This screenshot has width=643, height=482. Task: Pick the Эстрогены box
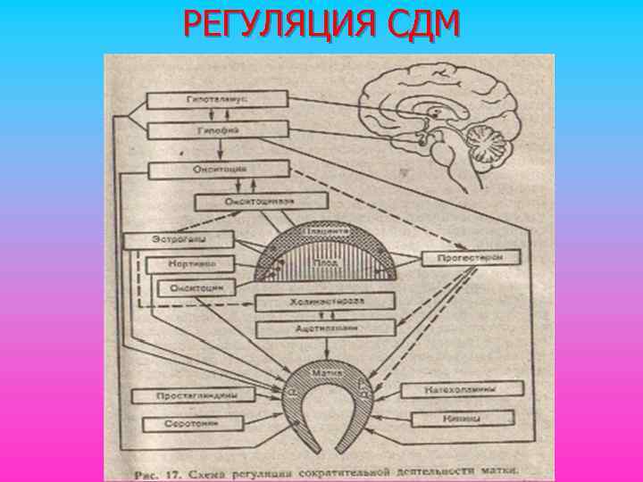[178, 239]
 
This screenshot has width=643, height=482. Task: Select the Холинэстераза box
[325, 303]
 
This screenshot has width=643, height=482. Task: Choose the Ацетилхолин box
[325, 329]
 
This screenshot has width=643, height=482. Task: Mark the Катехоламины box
[461, 389]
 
